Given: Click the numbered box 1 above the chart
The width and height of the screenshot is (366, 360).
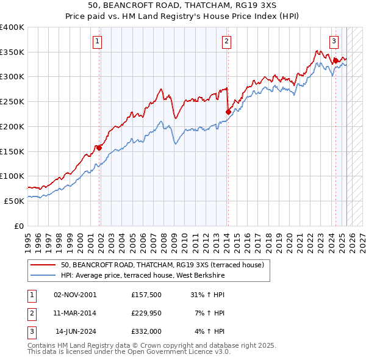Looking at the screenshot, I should click(98, 41).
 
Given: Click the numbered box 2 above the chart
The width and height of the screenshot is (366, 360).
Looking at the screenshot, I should click(226, 41).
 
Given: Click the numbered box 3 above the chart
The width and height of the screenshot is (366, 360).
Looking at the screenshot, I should click(334, 41).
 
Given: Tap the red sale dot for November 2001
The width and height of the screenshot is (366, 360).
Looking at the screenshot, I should click(99, 147).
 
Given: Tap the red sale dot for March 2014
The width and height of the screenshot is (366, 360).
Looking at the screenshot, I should click(228, 112).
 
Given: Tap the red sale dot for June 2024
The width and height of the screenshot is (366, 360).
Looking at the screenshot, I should click(335, 60).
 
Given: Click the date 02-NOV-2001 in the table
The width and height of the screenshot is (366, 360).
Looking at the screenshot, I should click(75, 295).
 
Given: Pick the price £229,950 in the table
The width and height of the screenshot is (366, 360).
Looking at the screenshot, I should click(145, 313).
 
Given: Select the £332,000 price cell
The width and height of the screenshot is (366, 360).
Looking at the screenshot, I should click(145, 331).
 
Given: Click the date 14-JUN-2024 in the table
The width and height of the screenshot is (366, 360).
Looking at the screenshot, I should click(76, 331).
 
